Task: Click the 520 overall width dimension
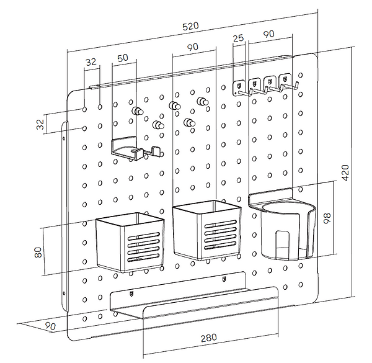tap(190, 26)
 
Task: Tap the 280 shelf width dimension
tap(208, 339)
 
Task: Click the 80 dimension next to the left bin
tap(38, 253)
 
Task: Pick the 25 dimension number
tap(237, 38)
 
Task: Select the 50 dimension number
tap(122, 57)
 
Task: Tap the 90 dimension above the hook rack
tap(268, 35)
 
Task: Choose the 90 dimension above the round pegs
tap(193, 48)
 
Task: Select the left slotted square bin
tap(131, 242)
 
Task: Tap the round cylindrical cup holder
tap(285, 230)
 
